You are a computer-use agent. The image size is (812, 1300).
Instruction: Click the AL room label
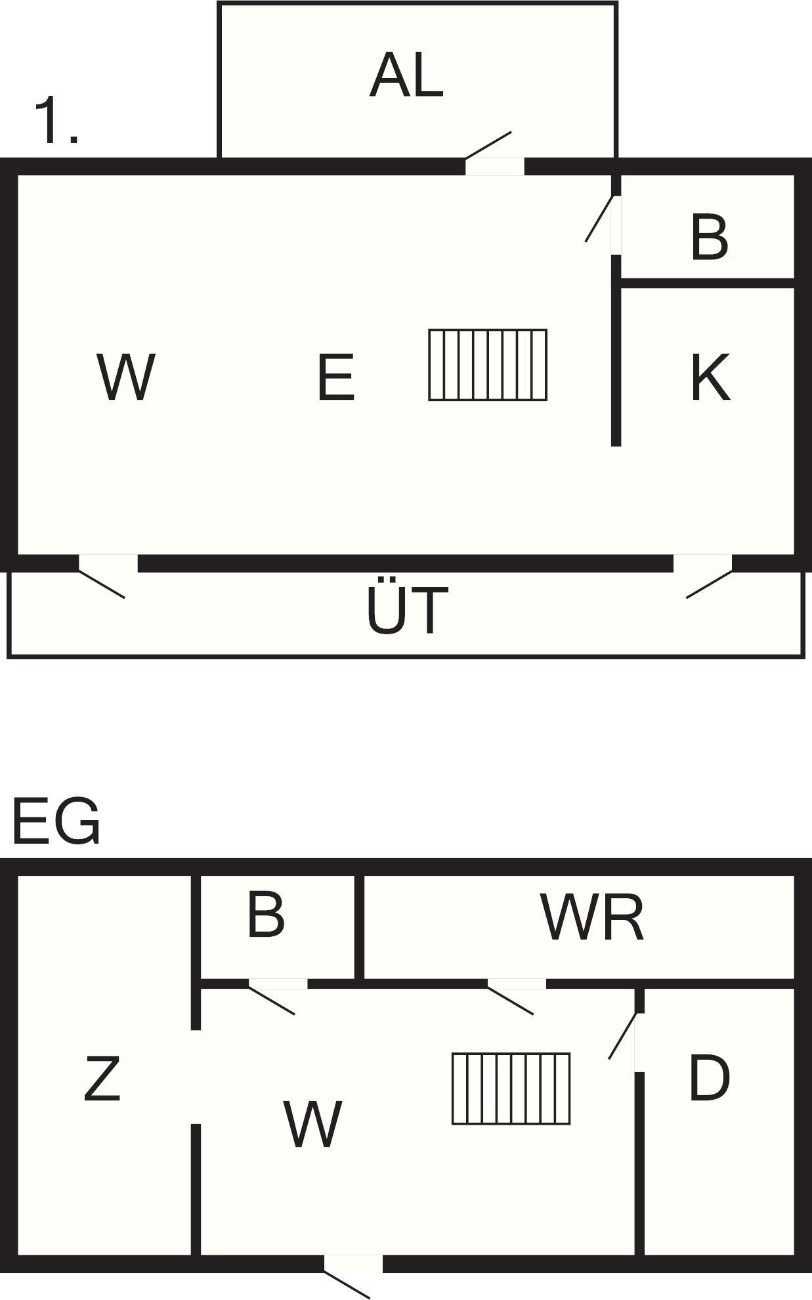point(406,76)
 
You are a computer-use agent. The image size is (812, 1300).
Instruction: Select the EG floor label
point(56,821)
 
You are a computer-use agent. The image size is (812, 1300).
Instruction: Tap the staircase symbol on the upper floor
point(488,365)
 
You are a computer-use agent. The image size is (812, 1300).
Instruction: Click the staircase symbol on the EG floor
point(511,1089)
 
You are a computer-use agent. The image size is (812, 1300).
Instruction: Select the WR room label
point(592,917)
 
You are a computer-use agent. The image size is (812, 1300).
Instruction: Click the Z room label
point(102,1077)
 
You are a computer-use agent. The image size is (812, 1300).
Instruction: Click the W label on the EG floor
point(312,1124)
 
